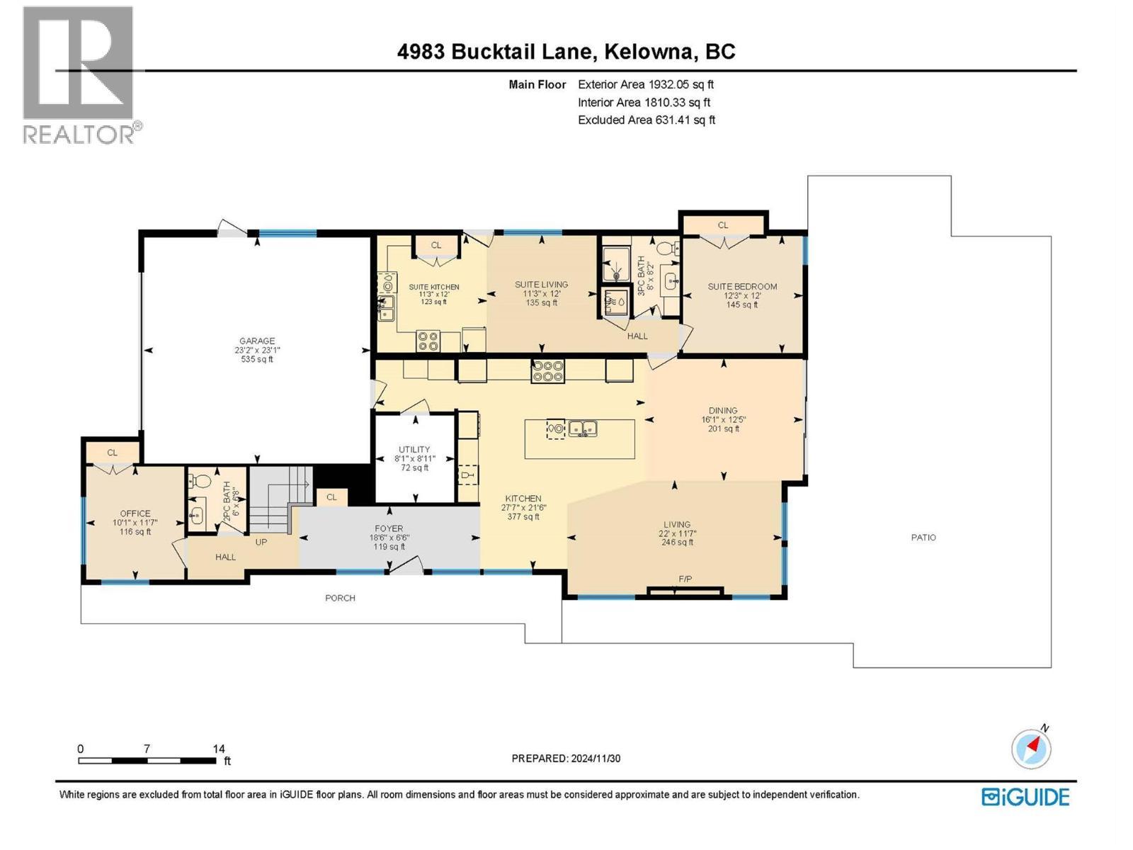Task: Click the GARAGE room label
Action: [x=256, y=341]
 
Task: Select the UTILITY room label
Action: [x=414, y=449]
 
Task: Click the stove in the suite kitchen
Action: [x=428, y=341]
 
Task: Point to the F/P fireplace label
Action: [x=685, y=579]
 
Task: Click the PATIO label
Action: [x=923, y=538]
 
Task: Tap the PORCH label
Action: [x=340, y=598]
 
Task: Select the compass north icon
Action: [x=1031, y=749]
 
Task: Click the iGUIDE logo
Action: [x=1025, y=797]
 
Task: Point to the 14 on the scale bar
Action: [x=219, y=749]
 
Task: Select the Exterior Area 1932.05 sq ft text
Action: [x=646, y=84]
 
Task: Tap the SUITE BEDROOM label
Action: [x=742, y=286]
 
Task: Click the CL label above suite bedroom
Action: [x=723, y=225]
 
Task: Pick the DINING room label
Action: [x=723, y=410]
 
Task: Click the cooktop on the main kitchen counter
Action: [x=548, y=371]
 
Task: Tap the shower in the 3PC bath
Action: [x=615, y=266]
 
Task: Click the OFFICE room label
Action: [x=135, y=514]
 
